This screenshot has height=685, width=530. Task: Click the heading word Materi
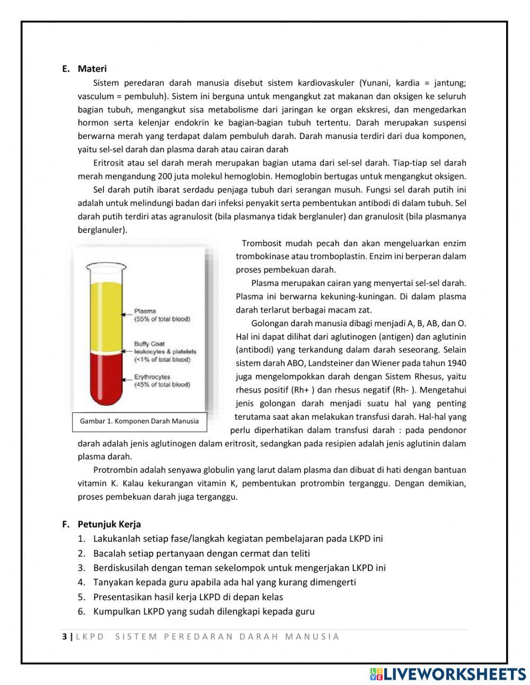[92, 69]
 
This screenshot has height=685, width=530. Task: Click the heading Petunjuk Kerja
[109, 524]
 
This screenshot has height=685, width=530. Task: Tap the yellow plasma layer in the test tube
[105, 313]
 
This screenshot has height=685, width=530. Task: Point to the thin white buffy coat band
[105, 351]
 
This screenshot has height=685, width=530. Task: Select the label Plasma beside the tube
[145, 311]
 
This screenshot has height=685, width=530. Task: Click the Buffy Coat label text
[149, 344]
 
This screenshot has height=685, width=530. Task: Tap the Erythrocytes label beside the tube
[152, 377]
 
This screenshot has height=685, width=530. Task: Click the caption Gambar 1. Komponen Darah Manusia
[139, 421]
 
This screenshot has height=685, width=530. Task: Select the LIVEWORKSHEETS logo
[448, 674]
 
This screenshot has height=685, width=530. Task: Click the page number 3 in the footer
[64, 637]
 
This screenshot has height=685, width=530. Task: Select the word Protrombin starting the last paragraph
[113, 470]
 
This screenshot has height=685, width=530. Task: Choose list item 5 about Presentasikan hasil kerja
[188, 597]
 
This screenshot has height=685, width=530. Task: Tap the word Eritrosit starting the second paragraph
[109, 163]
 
